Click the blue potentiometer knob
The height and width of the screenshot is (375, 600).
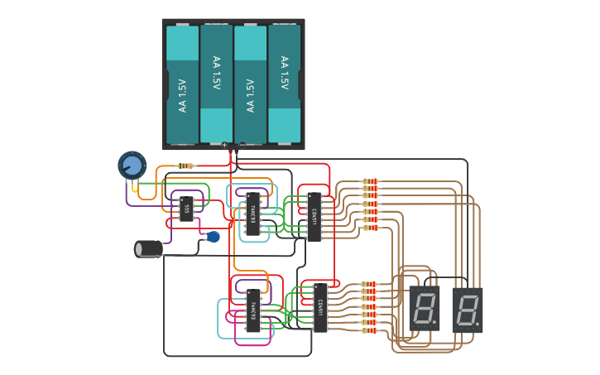(132, 165)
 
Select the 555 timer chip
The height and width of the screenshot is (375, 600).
(186, 209)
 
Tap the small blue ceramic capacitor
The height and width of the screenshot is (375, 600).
(213, 237)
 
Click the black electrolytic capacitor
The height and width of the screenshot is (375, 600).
(148, 248)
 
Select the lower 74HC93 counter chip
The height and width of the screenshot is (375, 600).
(253, 310)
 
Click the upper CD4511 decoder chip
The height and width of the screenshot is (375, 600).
(314, 217)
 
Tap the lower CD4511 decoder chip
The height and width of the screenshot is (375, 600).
(320, 307)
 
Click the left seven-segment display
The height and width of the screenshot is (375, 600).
(425, 310)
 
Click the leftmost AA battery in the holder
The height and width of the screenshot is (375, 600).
(182, 84)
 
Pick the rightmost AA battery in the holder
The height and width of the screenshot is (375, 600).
(284, 84)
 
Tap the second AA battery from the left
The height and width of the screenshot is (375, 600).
(216, 84)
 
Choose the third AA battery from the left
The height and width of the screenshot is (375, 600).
(250, 84)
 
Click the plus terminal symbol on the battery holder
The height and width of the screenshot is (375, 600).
(224, 145)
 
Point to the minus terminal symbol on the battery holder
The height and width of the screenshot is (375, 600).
(242, 145)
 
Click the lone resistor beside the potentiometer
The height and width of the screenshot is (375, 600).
(186, 166)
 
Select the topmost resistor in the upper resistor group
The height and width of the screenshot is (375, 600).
(370, 181)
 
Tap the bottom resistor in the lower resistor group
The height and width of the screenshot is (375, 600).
(369, 330)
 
